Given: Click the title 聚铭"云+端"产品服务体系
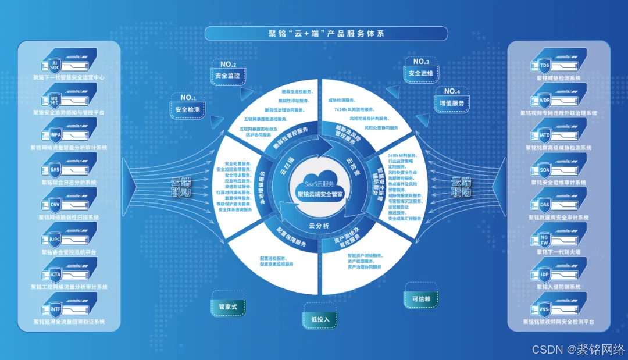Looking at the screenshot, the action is pyautogui.click(x=326, y=34).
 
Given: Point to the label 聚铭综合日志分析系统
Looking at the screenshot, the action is pyautogui.click(x=69, y=182).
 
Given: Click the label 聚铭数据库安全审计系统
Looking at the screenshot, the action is pyautogui.click(x=559, y=218).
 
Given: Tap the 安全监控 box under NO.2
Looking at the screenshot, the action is pyautogui.click(x=227, y=76).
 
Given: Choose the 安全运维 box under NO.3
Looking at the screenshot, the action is pyautogui.click(x=421, y=74).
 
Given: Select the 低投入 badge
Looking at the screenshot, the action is pyautogui.click(x=320, y=319).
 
